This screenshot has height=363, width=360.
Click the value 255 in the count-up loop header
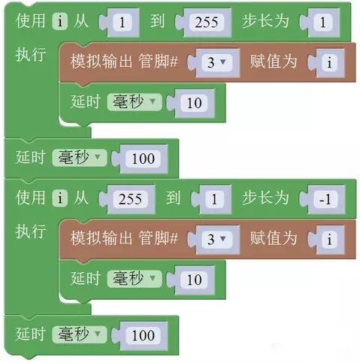pyautogui.click(x=207, y=23)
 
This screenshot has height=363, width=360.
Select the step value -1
pyautogui.click(x=325, y=199)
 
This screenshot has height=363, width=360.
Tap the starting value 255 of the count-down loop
pyautogui.click(x=130, y=199)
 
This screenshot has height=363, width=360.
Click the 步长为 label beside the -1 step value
pyautogui.click(x=265, y=198)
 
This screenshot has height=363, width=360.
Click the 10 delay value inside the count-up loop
pyautogui.click(x=194, y=103)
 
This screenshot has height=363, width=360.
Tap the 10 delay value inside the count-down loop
pyautogui.click(x=194, y=280)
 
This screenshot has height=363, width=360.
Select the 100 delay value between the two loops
pyautogui.click(x=143, y=159)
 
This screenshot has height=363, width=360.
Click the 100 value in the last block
pyautogui.click(x=143, y=335)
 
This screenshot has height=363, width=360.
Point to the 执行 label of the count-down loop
pyautogui.click(x=31, y=231)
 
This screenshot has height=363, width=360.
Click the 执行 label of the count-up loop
pyautogui.click(x=31, y=54)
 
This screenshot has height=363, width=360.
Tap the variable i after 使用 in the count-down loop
pyautogui.click(x=60, y=198)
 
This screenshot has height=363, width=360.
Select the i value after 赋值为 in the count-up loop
pyautogui.click(x=329, y=62)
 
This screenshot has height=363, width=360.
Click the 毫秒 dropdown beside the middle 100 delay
pyautogui.click(x=80, y=158)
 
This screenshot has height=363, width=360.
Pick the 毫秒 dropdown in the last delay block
pyautogui.click(x=80, y=334)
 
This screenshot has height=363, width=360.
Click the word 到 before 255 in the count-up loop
pyautogui.click(x=157, y=21)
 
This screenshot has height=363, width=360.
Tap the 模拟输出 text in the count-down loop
pyautogui.click(x=101, y=237)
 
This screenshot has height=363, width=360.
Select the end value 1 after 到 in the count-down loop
pyautogui.click(x=214, y=199)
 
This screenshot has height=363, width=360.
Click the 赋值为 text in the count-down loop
pyautogui.click(x=274, y=237)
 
